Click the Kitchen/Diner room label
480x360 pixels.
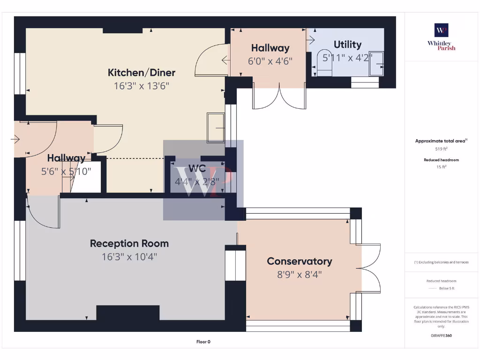(142, 73)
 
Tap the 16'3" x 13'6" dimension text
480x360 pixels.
(141, 86)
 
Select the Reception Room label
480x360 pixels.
(129, 244)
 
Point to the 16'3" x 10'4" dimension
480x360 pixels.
(129, 257)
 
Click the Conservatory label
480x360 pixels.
(299, 261)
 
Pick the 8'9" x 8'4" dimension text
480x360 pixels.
(299, 274)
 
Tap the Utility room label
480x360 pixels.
(347, 45)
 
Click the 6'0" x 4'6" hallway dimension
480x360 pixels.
(270, 60)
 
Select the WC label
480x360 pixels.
(197, 169)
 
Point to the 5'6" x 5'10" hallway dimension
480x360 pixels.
(66, 172)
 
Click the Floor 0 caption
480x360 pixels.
(203, 342)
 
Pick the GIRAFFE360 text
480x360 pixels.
(441, 336)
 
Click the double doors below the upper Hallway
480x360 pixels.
(279, 97)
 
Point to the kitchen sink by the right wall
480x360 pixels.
(216, 127)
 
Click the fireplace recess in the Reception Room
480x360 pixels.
(127, 313)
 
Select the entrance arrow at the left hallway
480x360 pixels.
(15, 139)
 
